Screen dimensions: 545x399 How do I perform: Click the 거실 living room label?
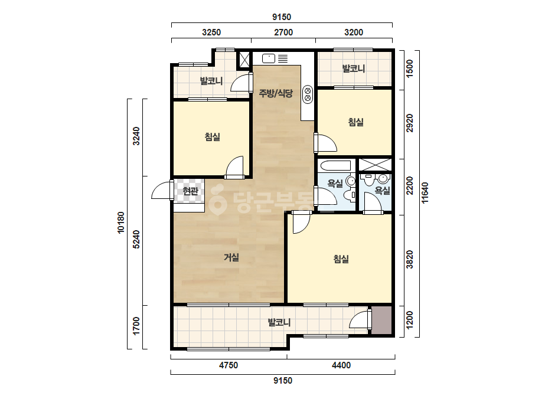(231, 257)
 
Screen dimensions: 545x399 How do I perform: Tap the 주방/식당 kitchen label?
(276, 93)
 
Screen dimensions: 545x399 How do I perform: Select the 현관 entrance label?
(190, 191)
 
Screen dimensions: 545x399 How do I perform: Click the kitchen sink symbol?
(268, 58)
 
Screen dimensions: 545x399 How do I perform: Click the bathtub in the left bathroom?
(335, 165)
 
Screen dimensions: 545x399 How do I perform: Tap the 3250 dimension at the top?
(211, 32)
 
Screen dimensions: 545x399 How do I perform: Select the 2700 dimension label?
(283, 32)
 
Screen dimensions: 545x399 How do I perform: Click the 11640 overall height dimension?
(425, 193)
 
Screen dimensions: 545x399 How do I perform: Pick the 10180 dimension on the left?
(120, 223)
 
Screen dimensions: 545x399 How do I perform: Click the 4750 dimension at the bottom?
(229, 365)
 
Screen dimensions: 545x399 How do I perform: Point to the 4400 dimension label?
(341, 365)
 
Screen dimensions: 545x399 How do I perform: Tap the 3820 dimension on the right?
(410, 259)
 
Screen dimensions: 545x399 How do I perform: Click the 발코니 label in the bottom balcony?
(279, 322)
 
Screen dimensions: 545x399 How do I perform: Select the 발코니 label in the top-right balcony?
(354, 68)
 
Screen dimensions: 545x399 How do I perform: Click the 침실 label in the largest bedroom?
(341, 259)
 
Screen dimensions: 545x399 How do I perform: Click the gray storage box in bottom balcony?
(381, 320)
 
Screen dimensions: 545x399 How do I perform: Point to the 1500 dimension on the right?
(410, 69)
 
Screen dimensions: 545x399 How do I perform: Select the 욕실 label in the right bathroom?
(383, 191)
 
